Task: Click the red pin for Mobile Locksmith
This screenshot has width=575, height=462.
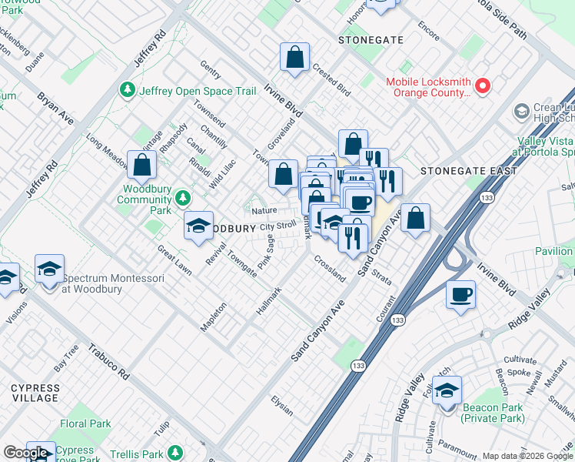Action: pos(483,86)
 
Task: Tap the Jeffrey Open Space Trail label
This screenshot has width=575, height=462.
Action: pos(197,91)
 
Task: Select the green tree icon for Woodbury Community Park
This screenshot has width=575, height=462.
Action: pos(183,199)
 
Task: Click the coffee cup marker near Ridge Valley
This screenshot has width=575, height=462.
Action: pos(460,295)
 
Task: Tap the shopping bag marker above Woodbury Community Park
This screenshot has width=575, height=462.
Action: pos(142,164)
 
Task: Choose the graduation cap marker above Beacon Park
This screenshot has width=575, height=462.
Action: pos(447,390)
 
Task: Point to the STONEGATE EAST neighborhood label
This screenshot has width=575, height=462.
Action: pos(460,170)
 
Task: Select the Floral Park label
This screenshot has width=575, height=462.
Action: pos(85,423)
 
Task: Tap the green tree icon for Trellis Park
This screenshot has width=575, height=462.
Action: pos(175,454)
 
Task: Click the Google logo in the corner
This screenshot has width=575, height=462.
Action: pos(26,453)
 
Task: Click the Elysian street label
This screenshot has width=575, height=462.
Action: pos(281,406)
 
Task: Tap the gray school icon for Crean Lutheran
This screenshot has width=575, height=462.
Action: pos(521,112)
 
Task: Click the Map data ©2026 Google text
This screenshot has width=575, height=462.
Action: pos(527,456)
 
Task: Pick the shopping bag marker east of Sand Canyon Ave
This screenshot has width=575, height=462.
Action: pos(415,218)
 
